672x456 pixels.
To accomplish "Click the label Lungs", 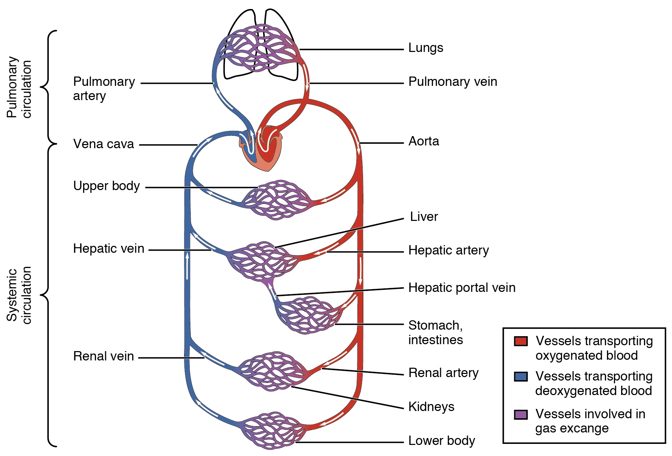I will tap(425, 48).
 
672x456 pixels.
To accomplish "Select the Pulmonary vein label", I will tap(452, 82).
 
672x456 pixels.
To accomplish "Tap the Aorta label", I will tap(424, 141).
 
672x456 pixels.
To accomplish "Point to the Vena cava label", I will tap(103, 144).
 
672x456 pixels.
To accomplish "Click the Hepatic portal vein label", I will tap(462, 288).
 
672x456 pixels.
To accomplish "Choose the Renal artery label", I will tap(443, 373).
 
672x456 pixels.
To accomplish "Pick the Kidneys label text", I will tap(431, 407).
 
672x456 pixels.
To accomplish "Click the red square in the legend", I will tap(521, 341).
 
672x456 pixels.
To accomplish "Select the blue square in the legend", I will tap(521, 376).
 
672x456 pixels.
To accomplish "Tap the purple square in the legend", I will tap(521, 414).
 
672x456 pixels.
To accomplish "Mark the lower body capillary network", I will tap(272, 430).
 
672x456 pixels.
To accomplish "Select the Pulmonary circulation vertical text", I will tap(19, 87).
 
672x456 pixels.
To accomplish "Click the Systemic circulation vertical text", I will tap(19, 295).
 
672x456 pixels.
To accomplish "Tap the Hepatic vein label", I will tap(108, 249).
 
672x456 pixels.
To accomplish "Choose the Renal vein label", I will tap(103, 356).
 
